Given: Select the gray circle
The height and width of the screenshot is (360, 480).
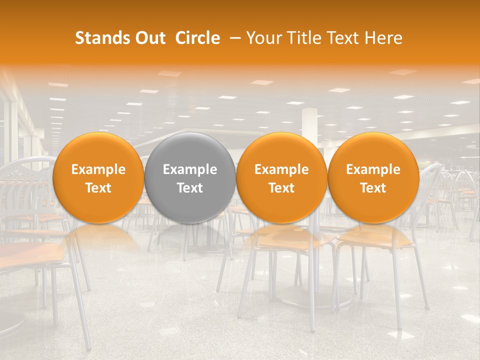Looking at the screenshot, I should pyautogui.click(x=190, y=178).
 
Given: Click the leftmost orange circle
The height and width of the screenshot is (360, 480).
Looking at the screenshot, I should pyautogui.click(x=98, y=178).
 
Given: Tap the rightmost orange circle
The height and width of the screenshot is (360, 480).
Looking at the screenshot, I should pyautogui.click(x=373, y=178).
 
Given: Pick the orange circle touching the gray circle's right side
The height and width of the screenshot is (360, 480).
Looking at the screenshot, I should pyautogui.click(x=281, y=178).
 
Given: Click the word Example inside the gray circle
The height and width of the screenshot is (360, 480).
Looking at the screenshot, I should pyautogui.click(x=190, y=169).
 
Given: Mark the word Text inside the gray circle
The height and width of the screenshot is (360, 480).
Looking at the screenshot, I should pyautogui.click(x=190, y=188).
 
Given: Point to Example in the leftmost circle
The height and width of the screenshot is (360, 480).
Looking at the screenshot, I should pyautogui.click(x=98, y=169).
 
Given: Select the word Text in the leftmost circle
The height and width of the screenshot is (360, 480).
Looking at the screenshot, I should pyautogui.click(x=98, y=188).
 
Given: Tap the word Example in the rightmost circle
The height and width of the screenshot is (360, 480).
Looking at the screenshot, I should pyautogui.click(x=373, y=169).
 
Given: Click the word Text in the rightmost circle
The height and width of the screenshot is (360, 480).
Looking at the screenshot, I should pyautogui.click(x=373, y=188).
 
